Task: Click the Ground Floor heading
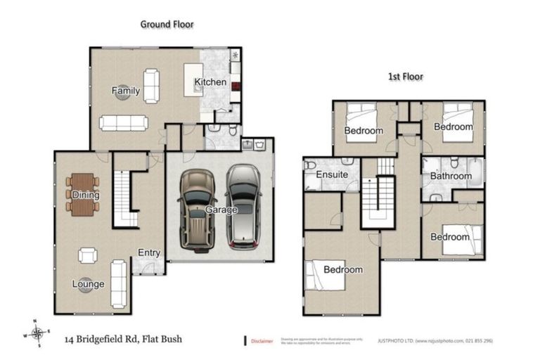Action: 167,24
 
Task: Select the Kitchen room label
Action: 210,82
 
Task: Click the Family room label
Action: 126,91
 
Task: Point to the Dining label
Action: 85,195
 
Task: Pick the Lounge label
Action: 88,284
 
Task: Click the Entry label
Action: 149,253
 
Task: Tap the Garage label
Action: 221,210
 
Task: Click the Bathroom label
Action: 451,176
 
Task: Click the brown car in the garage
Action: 196,209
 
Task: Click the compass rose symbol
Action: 39,333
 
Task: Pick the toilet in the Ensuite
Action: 311,167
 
